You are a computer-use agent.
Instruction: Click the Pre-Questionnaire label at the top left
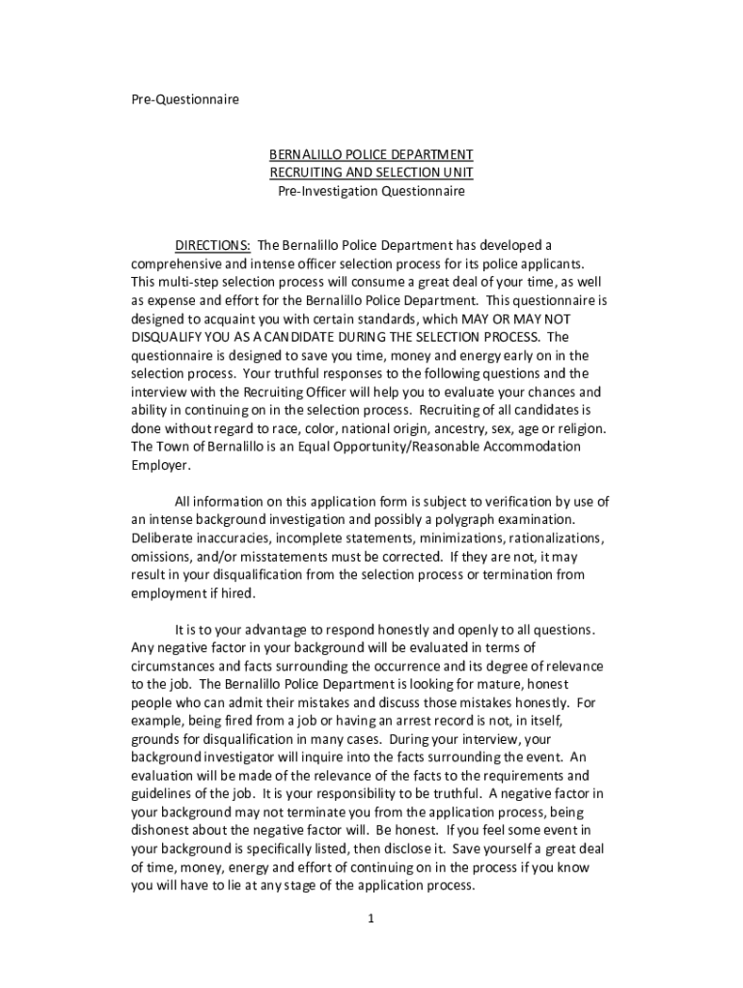point(184,99)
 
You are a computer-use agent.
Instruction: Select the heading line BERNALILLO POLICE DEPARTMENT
point(371,154)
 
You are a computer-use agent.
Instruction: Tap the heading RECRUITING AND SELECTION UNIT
point(371,173)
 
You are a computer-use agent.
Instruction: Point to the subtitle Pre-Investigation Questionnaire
point(371,191)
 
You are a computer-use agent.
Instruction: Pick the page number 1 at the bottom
point(371,919)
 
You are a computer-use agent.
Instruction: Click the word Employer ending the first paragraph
point(160,464)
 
